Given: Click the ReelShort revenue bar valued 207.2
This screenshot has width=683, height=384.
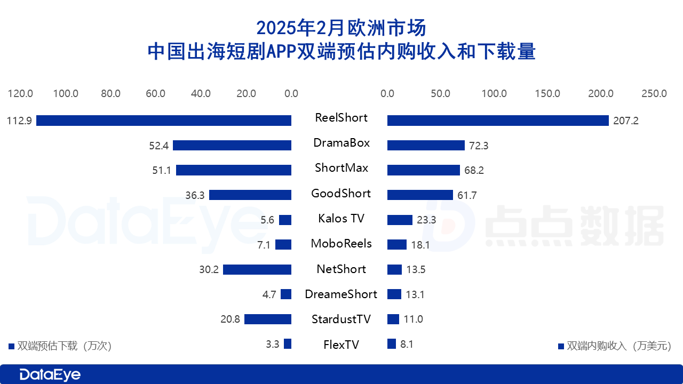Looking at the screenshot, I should [x=498, y=121].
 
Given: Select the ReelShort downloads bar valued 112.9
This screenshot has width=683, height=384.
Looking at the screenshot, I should [x=164, y=121].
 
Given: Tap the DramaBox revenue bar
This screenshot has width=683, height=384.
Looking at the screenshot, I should [x=426, y=145].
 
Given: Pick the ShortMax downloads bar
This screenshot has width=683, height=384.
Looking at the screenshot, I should [x=234, y=170].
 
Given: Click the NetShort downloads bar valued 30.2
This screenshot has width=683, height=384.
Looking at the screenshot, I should [x=257, y=270].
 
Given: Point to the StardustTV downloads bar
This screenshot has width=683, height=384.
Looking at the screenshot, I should [x=268, y=319].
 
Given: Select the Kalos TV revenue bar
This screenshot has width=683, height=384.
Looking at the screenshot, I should [x=400, y=220].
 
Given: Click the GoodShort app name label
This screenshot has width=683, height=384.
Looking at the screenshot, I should [x=341, y=194].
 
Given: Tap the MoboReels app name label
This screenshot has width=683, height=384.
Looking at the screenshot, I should [x=341, y=244].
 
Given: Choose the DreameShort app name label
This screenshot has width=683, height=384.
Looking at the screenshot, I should [x=341, y=294].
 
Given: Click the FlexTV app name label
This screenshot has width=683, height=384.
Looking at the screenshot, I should [x=341, y=345].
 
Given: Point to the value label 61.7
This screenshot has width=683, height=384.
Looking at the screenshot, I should [x=467, y=196].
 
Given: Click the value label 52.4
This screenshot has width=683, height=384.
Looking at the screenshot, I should [x=159, y=146].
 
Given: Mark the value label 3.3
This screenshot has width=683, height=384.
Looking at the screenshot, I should [x=272, y=345].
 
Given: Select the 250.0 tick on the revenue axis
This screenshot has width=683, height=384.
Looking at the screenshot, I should [x=654, y=94].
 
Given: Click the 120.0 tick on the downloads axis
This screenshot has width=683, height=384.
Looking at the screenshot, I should [x=20, y=94].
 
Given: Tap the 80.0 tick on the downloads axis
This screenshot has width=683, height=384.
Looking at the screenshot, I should [x=110, y=94].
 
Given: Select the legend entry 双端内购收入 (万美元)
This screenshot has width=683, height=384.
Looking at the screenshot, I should [x=614, y=346].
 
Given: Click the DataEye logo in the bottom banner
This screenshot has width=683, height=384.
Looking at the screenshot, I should [x=50, y=375].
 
